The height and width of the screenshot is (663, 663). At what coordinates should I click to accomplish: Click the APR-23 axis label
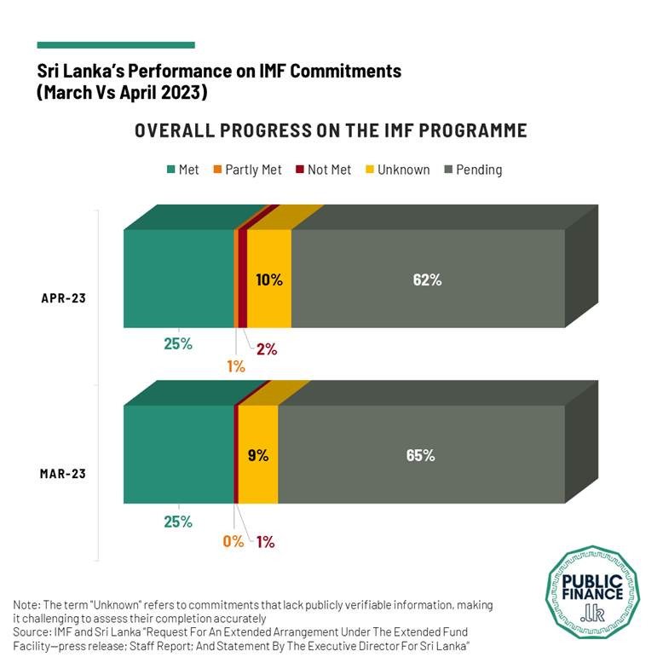64,298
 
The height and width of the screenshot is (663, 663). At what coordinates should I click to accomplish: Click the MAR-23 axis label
64,473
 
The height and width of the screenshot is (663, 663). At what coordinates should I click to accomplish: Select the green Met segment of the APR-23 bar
178,278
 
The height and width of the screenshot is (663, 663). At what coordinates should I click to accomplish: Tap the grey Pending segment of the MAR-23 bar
421,454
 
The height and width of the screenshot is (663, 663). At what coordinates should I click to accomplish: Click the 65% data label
421,455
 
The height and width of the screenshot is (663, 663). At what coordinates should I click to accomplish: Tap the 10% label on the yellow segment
269,279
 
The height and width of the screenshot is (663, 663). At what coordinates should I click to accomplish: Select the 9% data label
258,455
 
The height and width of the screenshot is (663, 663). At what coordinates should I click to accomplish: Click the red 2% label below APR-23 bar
267,349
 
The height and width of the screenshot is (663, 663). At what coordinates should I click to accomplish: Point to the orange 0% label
233,541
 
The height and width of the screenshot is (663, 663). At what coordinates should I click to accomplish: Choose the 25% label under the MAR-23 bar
178,522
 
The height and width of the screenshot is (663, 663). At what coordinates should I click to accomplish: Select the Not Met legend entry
323,170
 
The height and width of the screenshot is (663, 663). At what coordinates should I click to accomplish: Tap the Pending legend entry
474,170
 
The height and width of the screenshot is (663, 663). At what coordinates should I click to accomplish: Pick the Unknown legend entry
397,170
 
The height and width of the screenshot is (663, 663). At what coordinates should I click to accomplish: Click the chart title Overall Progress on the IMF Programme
331,130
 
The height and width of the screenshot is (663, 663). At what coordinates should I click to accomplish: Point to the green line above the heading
116,45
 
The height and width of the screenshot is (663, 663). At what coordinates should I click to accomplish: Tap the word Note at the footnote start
26,604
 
